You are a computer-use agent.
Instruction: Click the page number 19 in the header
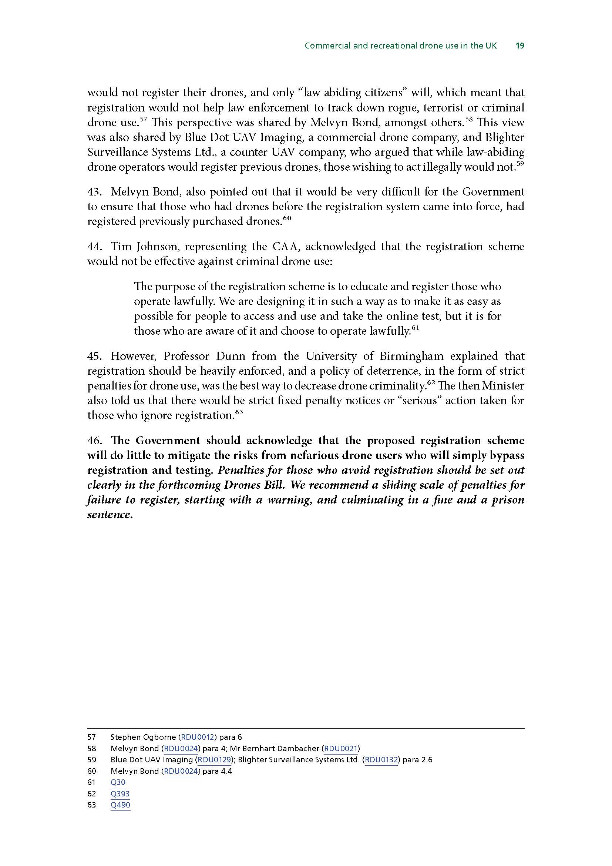tap(519, 46)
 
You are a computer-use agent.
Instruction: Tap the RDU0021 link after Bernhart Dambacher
tap(341, 748)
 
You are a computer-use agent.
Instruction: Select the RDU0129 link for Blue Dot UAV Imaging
tap(214, 760)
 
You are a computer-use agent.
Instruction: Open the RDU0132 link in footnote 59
tap(381, 760)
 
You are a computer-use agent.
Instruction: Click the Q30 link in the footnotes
tap(118, 782)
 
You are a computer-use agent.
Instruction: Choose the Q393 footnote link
tap(120, 793)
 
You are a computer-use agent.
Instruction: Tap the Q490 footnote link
tap(120, 805)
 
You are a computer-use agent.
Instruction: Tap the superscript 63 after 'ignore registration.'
tap(238, 412)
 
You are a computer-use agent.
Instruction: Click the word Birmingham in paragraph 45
tap(411, 356)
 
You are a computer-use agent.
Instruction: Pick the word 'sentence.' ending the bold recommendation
tap(110, 515)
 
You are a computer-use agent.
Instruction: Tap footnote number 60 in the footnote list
tap(91, 771)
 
